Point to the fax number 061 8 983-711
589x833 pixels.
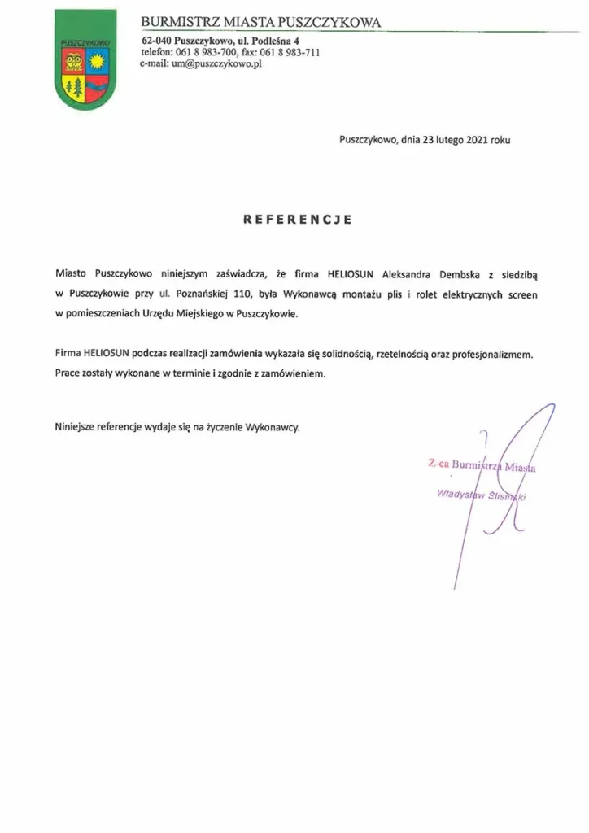290,53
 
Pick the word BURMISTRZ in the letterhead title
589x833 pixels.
177,22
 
